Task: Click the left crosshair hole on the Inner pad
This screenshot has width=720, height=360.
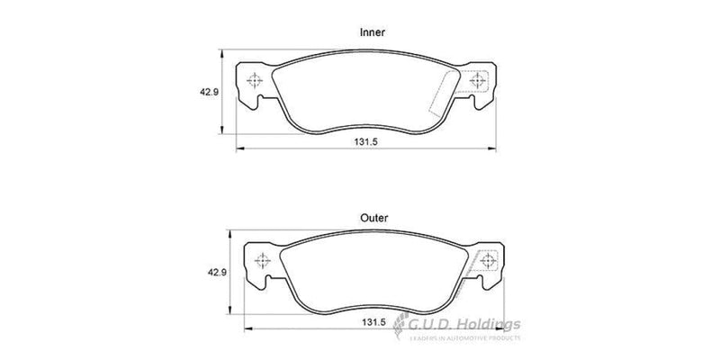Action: coord(256,80)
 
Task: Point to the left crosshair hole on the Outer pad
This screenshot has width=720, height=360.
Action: coord(264,262)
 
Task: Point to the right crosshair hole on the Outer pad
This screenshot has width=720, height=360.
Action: coord(489,262)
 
